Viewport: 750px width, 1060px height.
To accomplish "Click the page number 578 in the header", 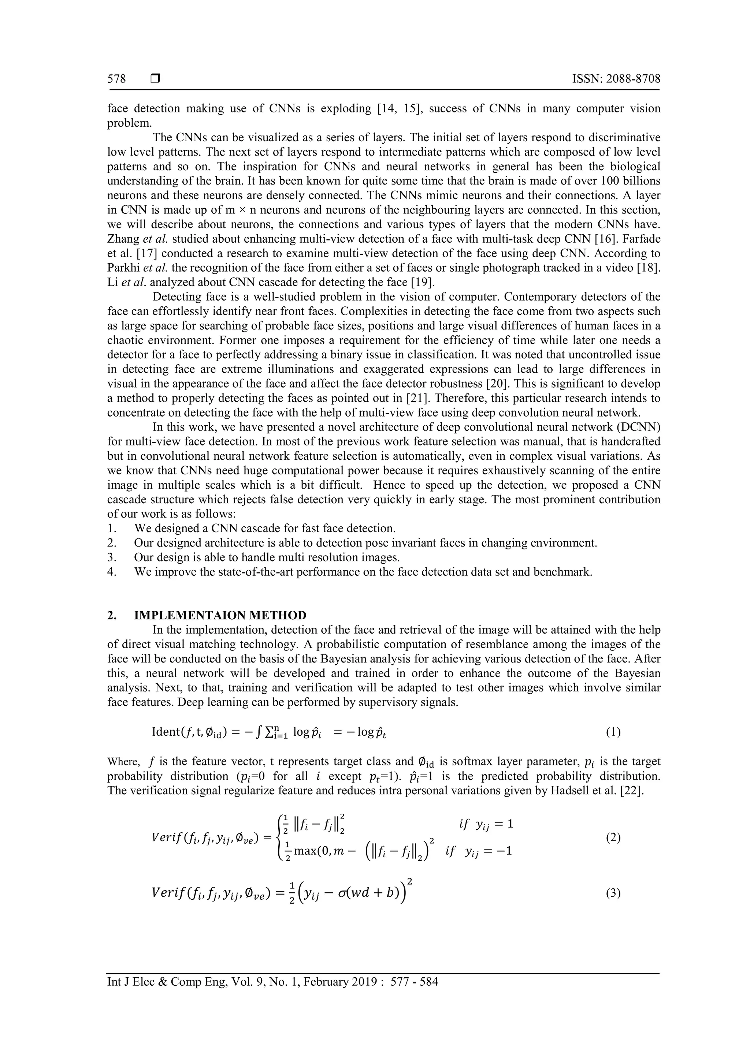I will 116,79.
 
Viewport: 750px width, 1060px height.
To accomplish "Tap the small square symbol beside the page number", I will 155,79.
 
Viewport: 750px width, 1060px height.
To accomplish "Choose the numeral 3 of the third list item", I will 111,557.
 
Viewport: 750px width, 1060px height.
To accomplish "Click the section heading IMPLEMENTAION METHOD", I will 220,615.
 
